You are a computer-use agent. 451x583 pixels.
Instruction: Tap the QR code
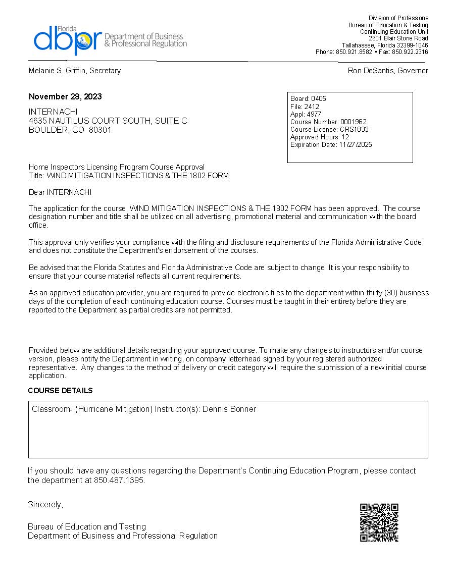coord(379,522)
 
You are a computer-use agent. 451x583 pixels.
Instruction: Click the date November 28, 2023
coord(65,96)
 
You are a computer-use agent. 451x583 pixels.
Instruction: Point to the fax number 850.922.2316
coord(410,52)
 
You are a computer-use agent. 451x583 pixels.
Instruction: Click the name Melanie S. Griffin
coord(57,71)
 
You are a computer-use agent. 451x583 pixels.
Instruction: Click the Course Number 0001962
coord(354,122)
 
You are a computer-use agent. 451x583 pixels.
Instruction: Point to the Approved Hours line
coord(320,137)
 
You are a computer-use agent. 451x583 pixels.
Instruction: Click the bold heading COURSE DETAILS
coord(61,391)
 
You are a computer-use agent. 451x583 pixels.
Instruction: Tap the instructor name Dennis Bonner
coord(229,409)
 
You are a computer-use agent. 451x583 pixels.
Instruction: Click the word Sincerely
coord(45,504)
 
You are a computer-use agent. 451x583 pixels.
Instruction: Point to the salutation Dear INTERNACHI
coord(60,192)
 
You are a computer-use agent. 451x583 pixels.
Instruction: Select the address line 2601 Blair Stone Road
coord(398,38)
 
